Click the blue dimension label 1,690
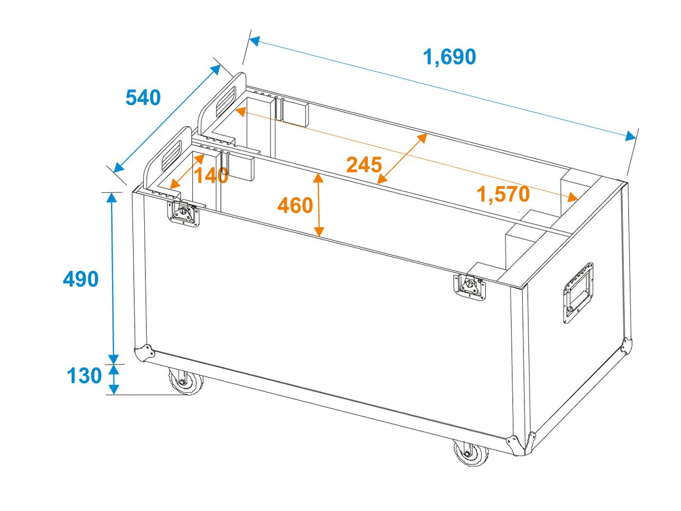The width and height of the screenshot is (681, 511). [449, 57]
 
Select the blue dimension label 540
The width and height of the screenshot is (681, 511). [142, 98]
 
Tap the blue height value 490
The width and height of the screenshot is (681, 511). [81, 279]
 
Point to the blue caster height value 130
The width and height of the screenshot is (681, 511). [85, 376]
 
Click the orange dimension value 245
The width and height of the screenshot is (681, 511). [363, 165]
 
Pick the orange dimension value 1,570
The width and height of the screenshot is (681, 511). [503, 194]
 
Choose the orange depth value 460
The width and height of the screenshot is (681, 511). [295, 206]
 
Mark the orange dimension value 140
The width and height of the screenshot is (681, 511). [211, 176]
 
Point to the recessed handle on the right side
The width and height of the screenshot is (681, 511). [578, 292]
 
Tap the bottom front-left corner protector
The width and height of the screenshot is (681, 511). [144, 353]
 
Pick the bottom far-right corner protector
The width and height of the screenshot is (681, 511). [626, 345]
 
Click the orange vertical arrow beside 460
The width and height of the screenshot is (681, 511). [319, 205]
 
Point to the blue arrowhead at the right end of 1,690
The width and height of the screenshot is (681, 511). [631, 136]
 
